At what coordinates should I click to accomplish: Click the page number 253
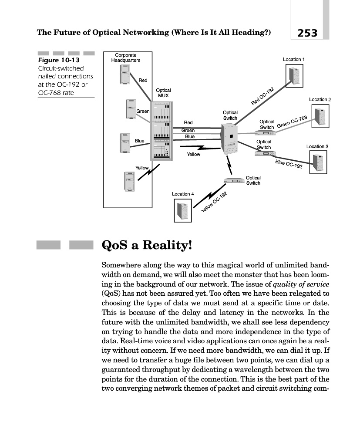point(307,32)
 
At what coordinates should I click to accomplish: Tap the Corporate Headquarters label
point(125,57)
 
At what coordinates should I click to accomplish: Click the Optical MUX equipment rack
point(161,131)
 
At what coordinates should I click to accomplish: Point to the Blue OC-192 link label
point(289,164)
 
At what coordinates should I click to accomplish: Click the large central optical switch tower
point(229,138)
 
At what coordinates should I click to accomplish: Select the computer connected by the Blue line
point(125,143)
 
